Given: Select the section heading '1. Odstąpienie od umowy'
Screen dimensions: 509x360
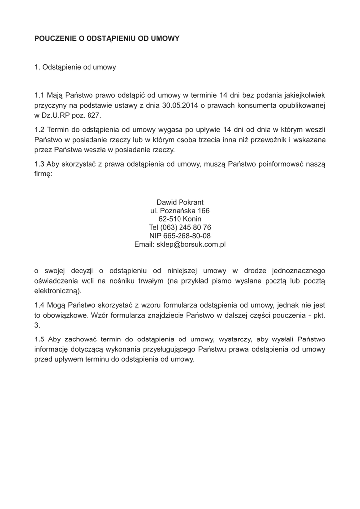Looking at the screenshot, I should coord(75,67).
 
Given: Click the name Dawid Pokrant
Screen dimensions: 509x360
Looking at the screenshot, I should coord(180,202).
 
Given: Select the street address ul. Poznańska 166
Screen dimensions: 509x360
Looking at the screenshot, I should coord(180,211).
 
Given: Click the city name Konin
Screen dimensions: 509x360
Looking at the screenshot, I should coord(192,219).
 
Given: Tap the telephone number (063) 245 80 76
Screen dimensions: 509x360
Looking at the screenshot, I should coord(186,228).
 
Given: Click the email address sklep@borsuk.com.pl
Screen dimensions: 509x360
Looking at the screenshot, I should coord(191,245).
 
